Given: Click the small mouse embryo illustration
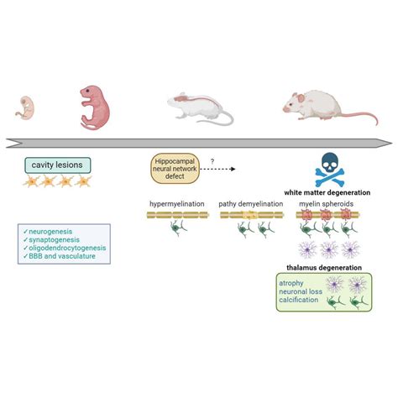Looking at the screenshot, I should (x=24, y=107).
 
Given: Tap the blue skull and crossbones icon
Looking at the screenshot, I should (x=327, y=169).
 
